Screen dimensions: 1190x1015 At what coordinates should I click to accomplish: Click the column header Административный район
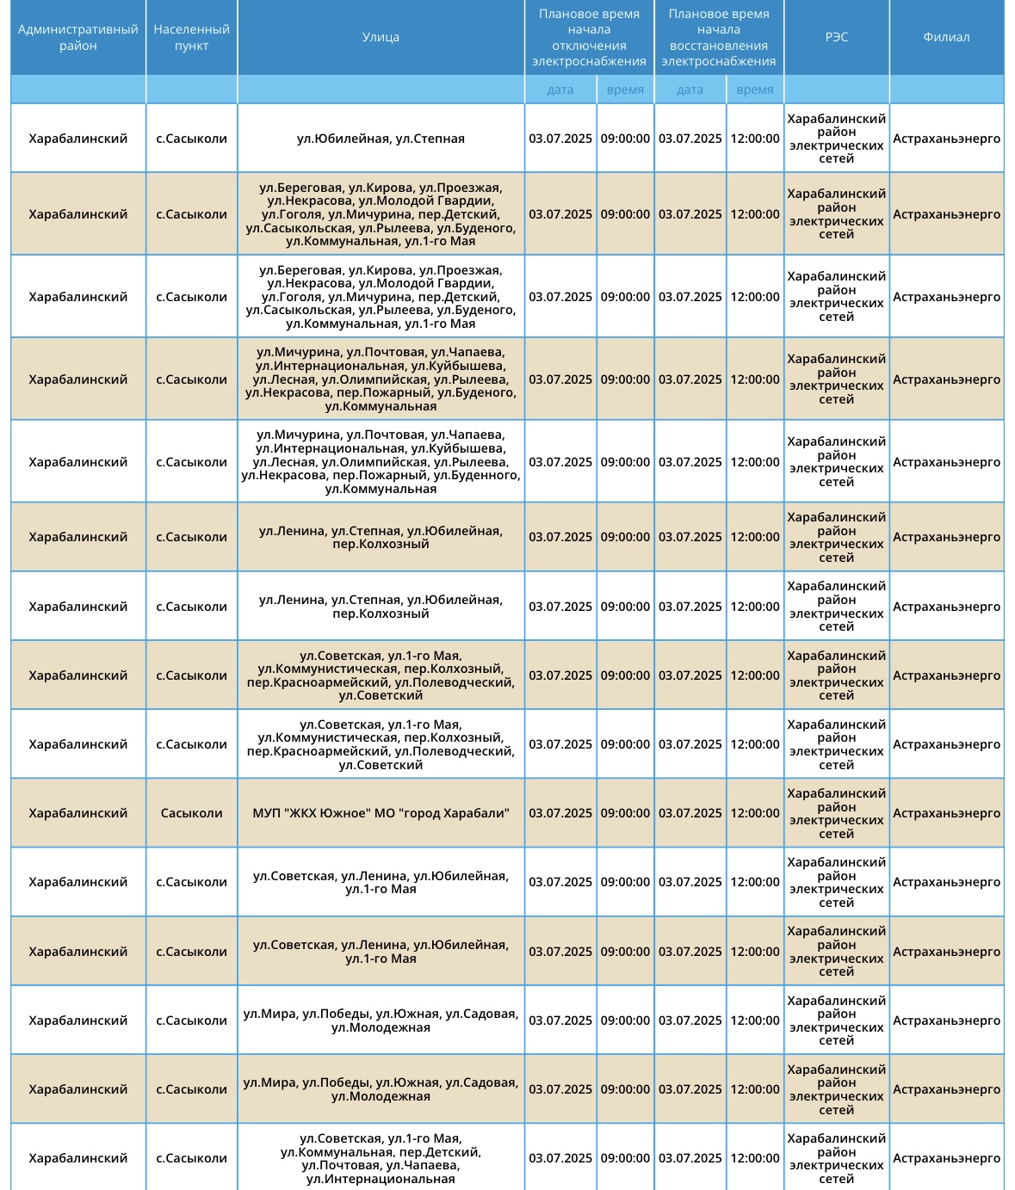pyautogui.click(x=78, y=37)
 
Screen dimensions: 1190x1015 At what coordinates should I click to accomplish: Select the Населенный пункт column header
pyautogui.click(x=191, y=37)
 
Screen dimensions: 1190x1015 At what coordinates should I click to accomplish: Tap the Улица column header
pyautogui.click(x=381, y=37)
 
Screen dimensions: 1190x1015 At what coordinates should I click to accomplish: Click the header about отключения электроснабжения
pyautogui.click(x=589, y=37)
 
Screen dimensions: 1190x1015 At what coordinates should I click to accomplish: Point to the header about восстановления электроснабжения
pyautogui.click(x=719, y=37)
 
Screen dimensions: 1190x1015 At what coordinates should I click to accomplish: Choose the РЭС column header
pyautogui.click(x=836, y=37)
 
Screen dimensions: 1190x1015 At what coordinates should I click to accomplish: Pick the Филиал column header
pyautogui.click(x=946, y=37)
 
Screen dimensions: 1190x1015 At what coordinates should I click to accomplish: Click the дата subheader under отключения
pyautogui.click(x=560, y=89)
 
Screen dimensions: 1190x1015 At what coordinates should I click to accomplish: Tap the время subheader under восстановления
pyautogui.click(x=755, y=89)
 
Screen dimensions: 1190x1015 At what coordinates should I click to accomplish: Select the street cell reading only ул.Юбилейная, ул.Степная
pyautogui.click(x=381, y=139)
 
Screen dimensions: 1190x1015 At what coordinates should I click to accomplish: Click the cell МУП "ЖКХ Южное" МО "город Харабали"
pyautogui.click(x=381, y=813)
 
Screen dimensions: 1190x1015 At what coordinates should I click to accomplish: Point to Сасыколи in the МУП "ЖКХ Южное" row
pyautogui.click(x=191, y=813)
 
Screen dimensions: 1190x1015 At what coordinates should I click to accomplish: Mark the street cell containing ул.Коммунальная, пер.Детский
pyautogui.click(x=381, y=1158)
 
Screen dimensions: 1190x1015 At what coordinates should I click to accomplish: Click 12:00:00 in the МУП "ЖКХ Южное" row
pyautogui.click(x=755, y=813)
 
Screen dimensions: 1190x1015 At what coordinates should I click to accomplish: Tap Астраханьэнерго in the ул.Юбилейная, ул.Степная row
pyautogui.click(x=946, y=139)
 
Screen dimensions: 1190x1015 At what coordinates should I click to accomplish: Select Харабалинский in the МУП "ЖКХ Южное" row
pyautogui.click(x=78, y=813)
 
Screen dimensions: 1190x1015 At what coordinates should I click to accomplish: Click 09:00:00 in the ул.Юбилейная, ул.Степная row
pyautogui.click(x=625, y=139)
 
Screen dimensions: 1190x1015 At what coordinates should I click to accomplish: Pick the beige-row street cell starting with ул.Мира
pyautogui.click(x=381, y=1089)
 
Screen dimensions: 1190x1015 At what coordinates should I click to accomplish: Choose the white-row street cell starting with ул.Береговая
pyautogui.click(x=381, y=297)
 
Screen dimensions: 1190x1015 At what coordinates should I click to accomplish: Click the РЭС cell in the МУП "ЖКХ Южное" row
pyautogui.click(x=836, y=813)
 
